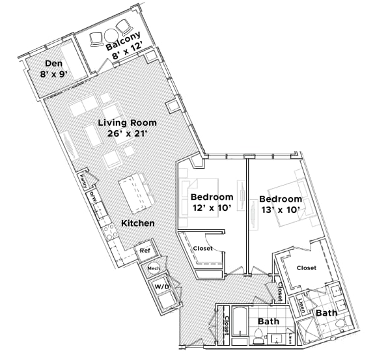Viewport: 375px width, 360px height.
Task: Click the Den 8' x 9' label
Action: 54,68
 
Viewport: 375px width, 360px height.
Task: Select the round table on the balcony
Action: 111,36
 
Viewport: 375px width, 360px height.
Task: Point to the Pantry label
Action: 83,181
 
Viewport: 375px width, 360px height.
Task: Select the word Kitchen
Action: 137,223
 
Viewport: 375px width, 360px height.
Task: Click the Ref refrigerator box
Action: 145,251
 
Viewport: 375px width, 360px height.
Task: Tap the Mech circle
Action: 154,268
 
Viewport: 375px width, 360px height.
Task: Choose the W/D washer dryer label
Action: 161,286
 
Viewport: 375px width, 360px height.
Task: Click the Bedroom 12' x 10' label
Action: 212,202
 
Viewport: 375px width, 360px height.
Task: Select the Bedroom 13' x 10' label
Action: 280,204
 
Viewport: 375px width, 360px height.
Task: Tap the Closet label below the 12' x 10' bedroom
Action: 202,249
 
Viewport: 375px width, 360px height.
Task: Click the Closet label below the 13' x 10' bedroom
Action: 306,268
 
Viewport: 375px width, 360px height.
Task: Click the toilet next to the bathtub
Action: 258,335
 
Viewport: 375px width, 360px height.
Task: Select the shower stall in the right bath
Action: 308,329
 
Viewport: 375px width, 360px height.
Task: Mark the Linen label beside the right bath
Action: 301,303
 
